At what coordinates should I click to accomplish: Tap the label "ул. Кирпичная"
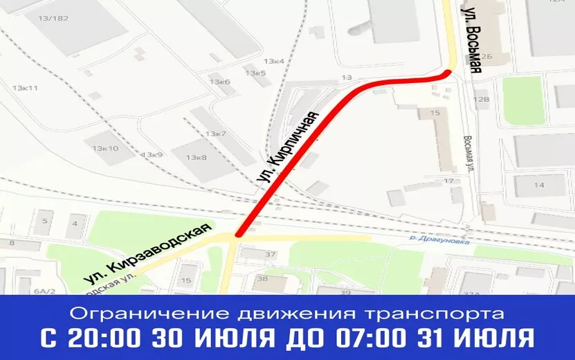click(x=291, y=146)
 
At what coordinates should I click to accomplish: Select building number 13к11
click(x=25, y=88)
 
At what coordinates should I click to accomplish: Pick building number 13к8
click(x=196, y=158)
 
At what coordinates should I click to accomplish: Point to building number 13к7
click(x=215, y=133)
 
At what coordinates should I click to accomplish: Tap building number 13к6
click(x=219, y=82)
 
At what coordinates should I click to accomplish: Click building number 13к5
click(x=255, y=73)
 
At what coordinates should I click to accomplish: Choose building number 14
click(x=539, y=185)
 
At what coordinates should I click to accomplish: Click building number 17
click(x=448, y=181)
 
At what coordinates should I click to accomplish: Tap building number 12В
click(x=480, y=100)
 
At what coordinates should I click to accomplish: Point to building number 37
click(x=270, y=254)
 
